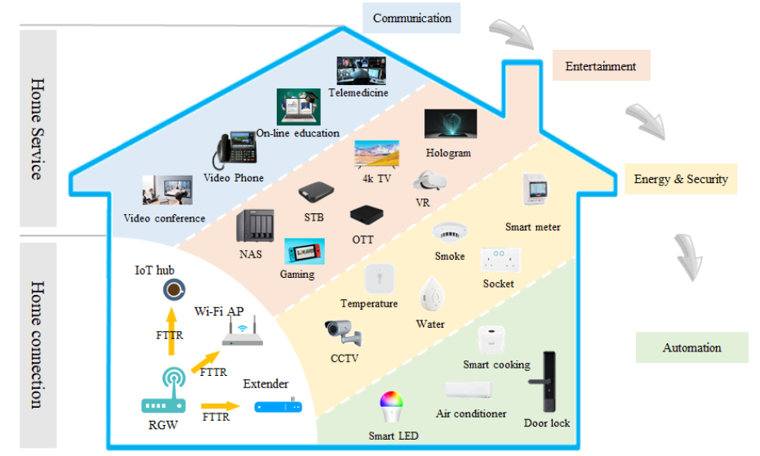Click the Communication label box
point(411,18)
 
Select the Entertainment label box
point(601,66)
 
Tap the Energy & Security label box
point(681,179)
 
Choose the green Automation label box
point(691,347)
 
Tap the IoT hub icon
point(173,289)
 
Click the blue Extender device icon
point(278,405)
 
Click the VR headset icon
point(429,181)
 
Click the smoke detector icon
point(448,232)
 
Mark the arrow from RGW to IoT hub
point(172,331)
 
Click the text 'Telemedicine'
point(358,92)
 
